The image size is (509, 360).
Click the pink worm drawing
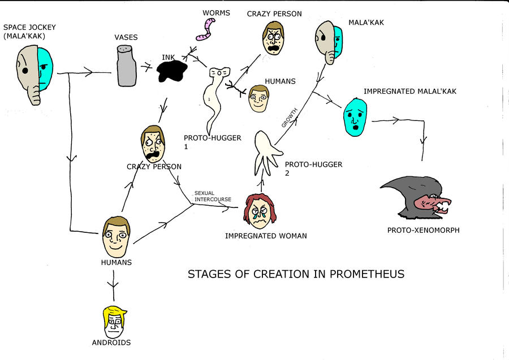pyautogui.click(x=205, y=28)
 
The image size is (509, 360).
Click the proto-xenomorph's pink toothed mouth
pyautogui.click(x=434, y=204)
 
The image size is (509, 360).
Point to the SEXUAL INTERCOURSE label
pyautogui.click(x=212, y=196)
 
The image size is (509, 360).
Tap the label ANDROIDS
pyautogui.click(x=111, y=342)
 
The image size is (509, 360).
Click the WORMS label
pyautogui.click(x=217, y=12)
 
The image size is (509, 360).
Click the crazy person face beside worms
pyautogui.click(x=273, y=39)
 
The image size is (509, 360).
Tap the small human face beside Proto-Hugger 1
pyautogui.click(x=258, y=99)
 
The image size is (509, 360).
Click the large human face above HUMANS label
pyautogui.click(x=116, y=237)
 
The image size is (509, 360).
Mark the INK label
pyautogui.click(x=168, y=57)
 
